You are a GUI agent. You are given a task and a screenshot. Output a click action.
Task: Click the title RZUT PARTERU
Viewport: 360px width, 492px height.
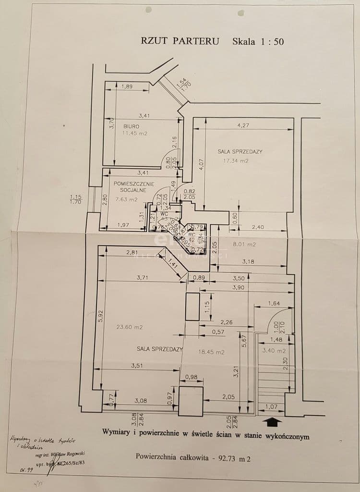(180, 41)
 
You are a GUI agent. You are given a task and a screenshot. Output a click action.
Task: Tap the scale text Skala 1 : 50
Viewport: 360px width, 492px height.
(258, 41)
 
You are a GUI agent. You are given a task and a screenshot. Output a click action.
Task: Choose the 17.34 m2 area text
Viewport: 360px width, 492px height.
(237, 161)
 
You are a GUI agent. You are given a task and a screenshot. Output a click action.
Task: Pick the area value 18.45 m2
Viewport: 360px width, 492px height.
(211, 352)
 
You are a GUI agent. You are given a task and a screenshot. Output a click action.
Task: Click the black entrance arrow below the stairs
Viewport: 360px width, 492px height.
(273, 421)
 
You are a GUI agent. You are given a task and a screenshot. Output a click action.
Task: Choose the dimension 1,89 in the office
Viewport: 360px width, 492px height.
(127, 86)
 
